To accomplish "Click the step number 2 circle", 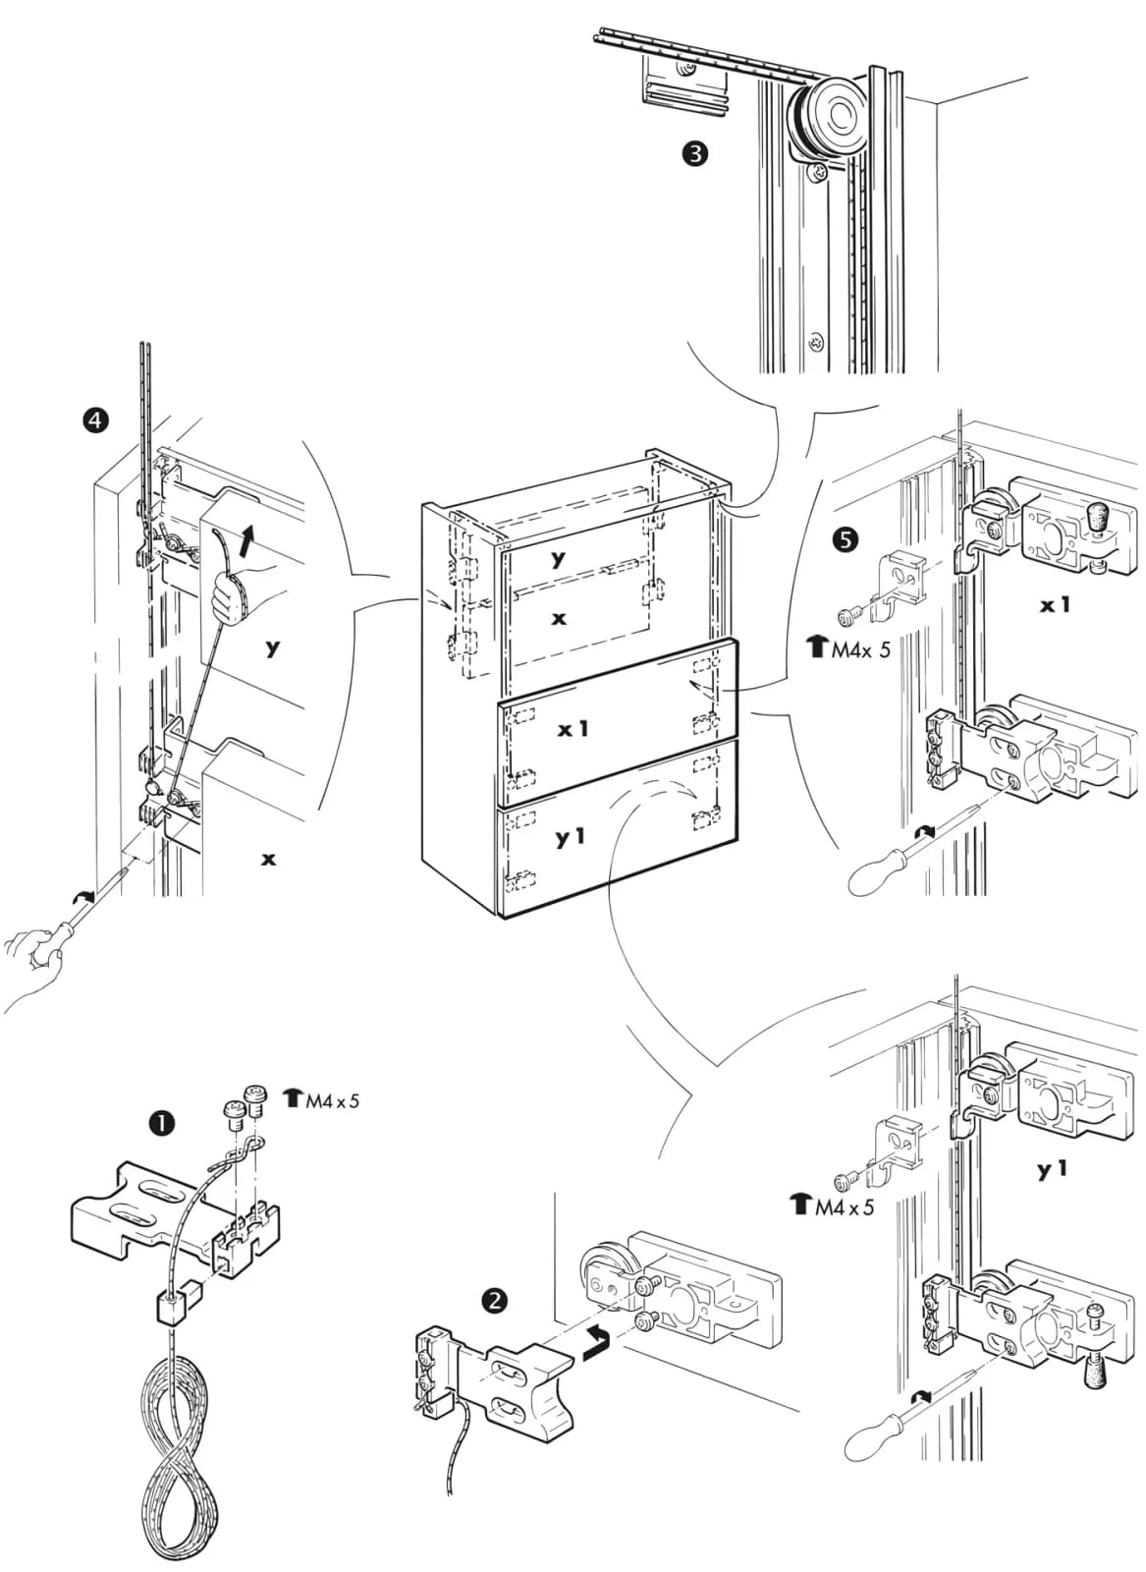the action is point(495,1301).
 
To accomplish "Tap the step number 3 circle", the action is point(695,153).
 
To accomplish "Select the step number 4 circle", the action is point(95,421).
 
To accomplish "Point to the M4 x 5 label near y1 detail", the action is point(832,1206).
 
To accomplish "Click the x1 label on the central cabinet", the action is point(573,730).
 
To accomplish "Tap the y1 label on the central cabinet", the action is point(571,836).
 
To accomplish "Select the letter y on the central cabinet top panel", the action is point(559,559).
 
